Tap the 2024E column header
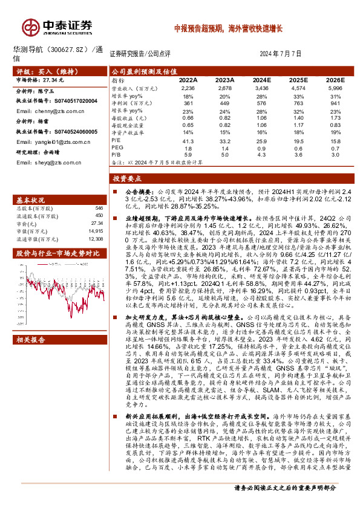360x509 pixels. pos(261,80)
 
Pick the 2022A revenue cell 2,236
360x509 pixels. pos(188,88)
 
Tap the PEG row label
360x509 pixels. pos(117,148)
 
